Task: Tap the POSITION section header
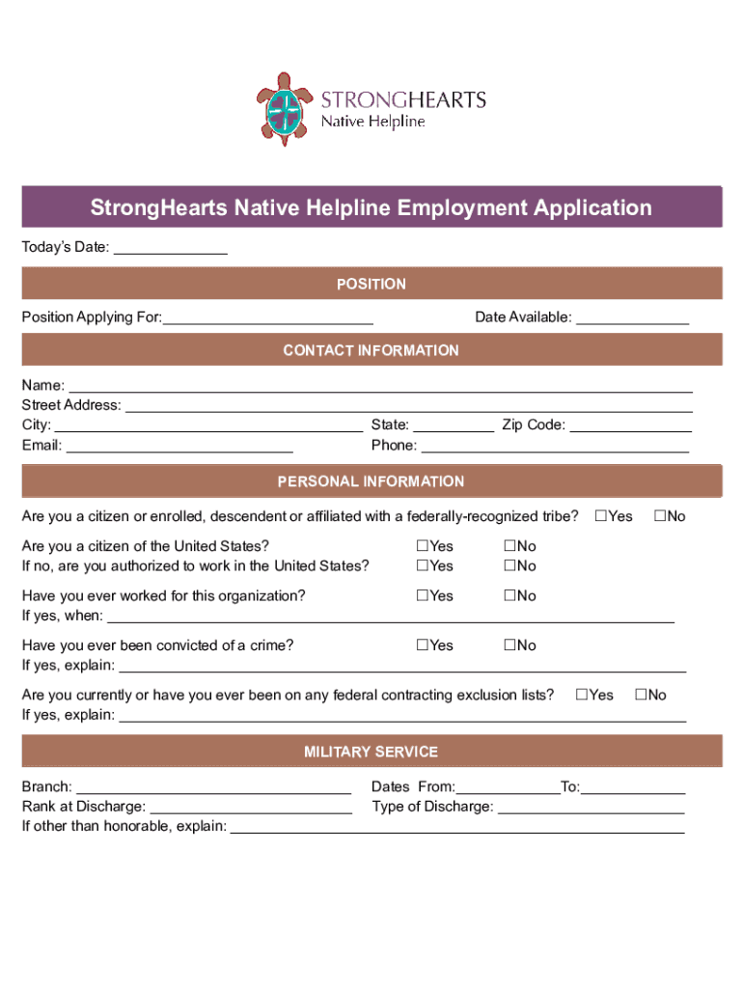[x=371, y=284]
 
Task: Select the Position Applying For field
[x=268, y=317]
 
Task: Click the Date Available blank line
[x=632, y=317]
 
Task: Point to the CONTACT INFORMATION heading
[x=371, y=350]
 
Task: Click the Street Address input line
[x=409, y=405]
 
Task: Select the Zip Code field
[x=631, y=425]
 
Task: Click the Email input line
[x=179, y=446]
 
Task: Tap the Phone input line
[x=555, y=446]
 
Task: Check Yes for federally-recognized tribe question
[x=601, y=516]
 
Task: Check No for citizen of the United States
[x=509, y=547]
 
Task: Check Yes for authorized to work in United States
[x=423, y=566]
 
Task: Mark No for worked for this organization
[x=509, y=596]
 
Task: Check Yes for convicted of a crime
[x=423, y=645]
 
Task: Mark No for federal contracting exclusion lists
[x=640, y=695]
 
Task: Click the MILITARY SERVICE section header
[x=371, y=752]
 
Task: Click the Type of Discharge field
[x=591, y=808]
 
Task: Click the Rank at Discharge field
[x=251, y=808]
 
